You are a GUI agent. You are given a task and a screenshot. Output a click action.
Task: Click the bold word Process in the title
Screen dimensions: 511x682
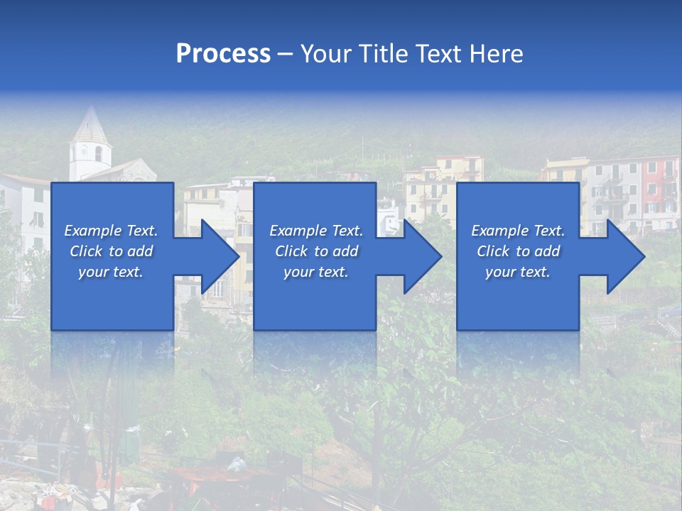(223, 54)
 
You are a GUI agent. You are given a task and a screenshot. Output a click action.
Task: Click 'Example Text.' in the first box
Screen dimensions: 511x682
(111, 231)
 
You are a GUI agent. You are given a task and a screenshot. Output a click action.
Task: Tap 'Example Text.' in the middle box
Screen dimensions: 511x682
(315, 231)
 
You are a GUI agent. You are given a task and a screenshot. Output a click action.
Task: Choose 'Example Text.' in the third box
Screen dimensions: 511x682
(518, 231)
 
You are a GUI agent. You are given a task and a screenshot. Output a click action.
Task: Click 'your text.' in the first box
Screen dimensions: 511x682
(111, 272)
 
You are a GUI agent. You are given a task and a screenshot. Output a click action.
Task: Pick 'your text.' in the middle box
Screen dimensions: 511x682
(315, 272)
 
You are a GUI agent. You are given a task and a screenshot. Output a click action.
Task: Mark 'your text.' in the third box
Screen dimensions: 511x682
(518, 272)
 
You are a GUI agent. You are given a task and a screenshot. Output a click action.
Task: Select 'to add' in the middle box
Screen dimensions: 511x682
(336, 251)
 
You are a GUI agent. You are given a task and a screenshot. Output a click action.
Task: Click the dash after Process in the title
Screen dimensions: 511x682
(286, 55)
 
